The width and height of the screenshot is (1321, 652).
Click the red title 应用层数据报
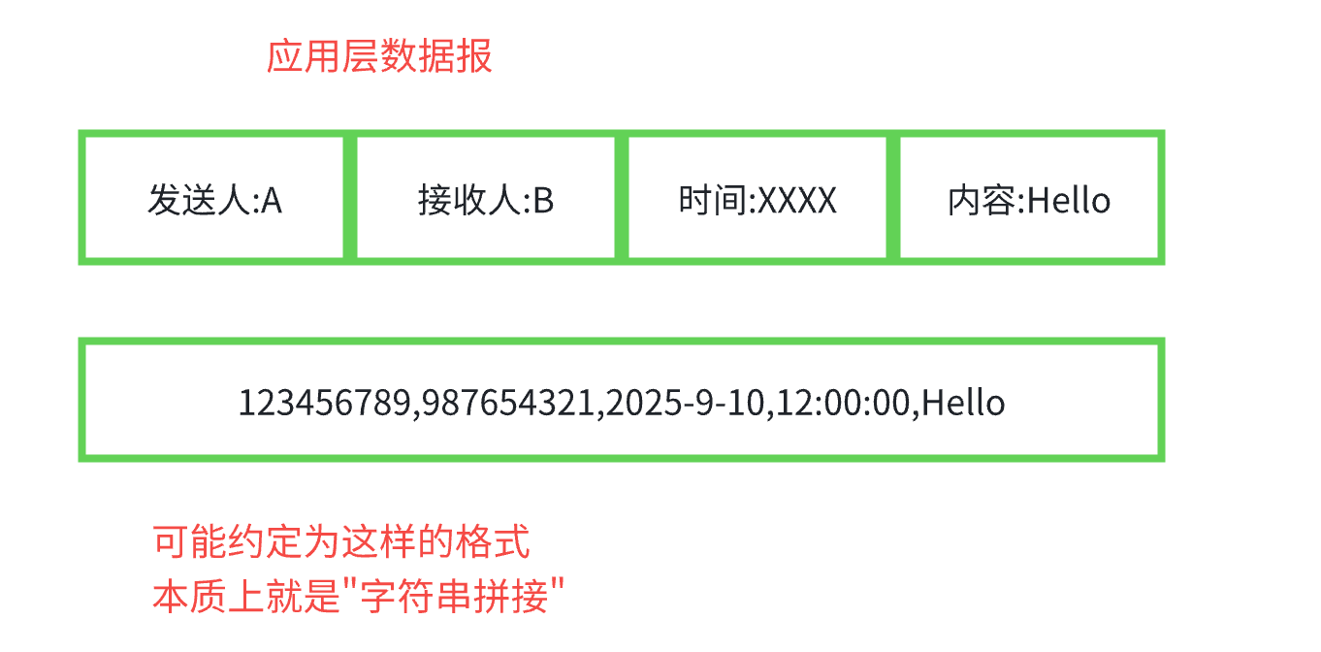379,57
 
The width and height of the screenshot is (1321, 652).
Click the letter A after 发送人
273,201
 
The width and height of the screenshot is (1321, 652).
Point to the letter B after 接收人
544,201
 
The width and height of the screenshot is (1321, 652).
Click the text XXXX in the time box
796,201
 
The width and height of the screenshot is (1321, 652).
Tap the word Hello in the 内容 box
1068,201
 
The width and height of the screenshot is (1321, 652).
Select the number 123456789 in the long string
325,402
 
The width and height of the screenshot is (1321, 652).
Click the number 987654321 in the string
507,402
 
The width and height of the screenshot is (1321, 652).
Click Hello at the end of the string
963,402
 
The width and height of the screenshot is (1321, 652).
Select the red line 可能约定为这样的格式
341,541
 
